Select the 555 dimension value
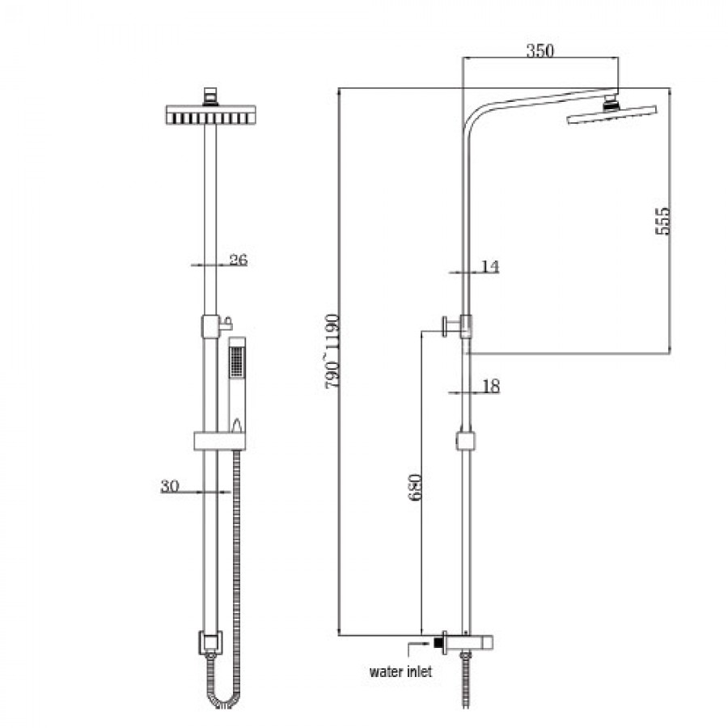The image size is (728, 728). [x=662, y=219]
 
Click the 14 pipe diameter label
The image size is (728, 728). [x=489, y=267]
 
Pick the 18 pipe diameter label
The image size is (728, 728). [x=490, y=387]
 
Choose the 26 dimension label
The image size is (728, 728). [x=237, y=260]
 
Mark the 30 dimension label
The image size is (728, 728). [x=169, y=485]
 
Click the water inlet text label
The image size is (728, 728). [x=400, y=671]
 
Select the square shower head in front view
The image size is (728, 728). [x=210, y=114]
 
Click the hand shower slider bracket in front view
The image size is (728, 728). [x=219, y=441]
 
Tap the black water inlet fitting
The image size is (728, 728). [x=439, y=644]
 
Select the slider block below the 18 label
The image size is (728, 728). [x=465, y=441]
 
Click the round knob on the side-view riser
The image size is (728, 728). [x=446, y=326]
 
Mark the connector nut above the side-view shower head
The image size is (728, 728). [x=613, y=102]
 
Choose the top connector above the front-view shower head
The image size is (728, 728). [x=210, y=96]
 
